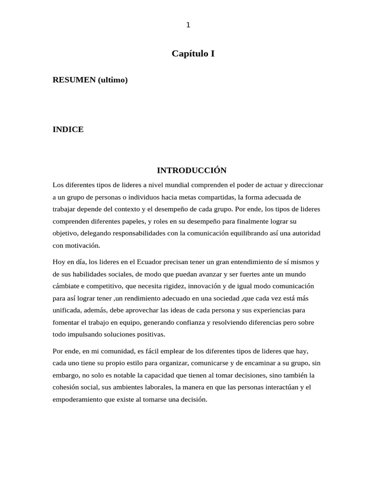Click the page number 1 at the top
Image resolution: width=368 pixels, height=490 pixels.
click(188, 25)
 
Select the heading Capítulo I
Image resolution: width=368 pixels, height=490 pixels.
click(193, 54)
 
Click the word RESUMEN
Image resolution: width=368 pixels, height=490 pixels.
click(74, 80)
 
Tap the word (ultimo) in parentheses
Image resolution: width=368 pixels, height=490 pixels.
click(113, 80)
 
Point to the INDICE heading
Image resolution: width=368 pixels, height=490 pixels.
click(68, 130)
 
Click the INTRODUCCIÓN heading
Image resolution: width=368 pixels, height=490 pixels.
click(192, 170)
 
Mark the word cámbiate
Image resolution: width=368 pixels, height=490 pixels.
click(67, 286)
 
